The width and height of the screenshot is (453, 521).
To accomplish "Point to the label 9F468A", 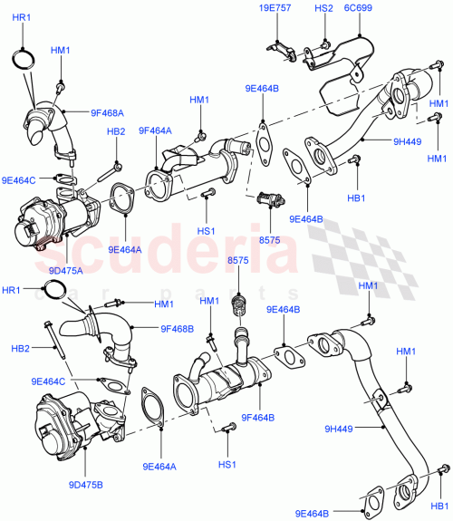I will tap(107, 113).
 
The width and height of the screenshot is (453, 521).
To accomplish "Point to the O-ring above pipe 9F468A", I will tap(25, 60).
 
